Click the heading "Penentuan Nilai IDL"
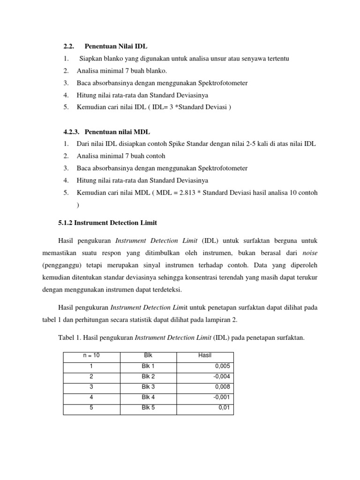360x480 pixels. tap(116, 46)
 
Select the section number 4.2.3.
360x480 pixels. tap(72, 131)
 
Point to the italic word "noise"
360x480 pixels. tap(309, 253)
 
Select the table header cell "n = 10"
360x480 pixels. tap(91, 355)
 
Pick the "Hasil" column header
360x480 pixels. tap(205, 355)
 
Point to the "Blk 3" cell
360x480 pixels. tap(148, 387)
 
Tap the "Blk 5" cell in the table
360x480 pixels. tap(148, 407)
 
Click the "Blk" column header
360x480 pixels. tap(148, 355)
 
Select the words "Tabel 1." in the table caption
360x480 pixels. tap(70, 337)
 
